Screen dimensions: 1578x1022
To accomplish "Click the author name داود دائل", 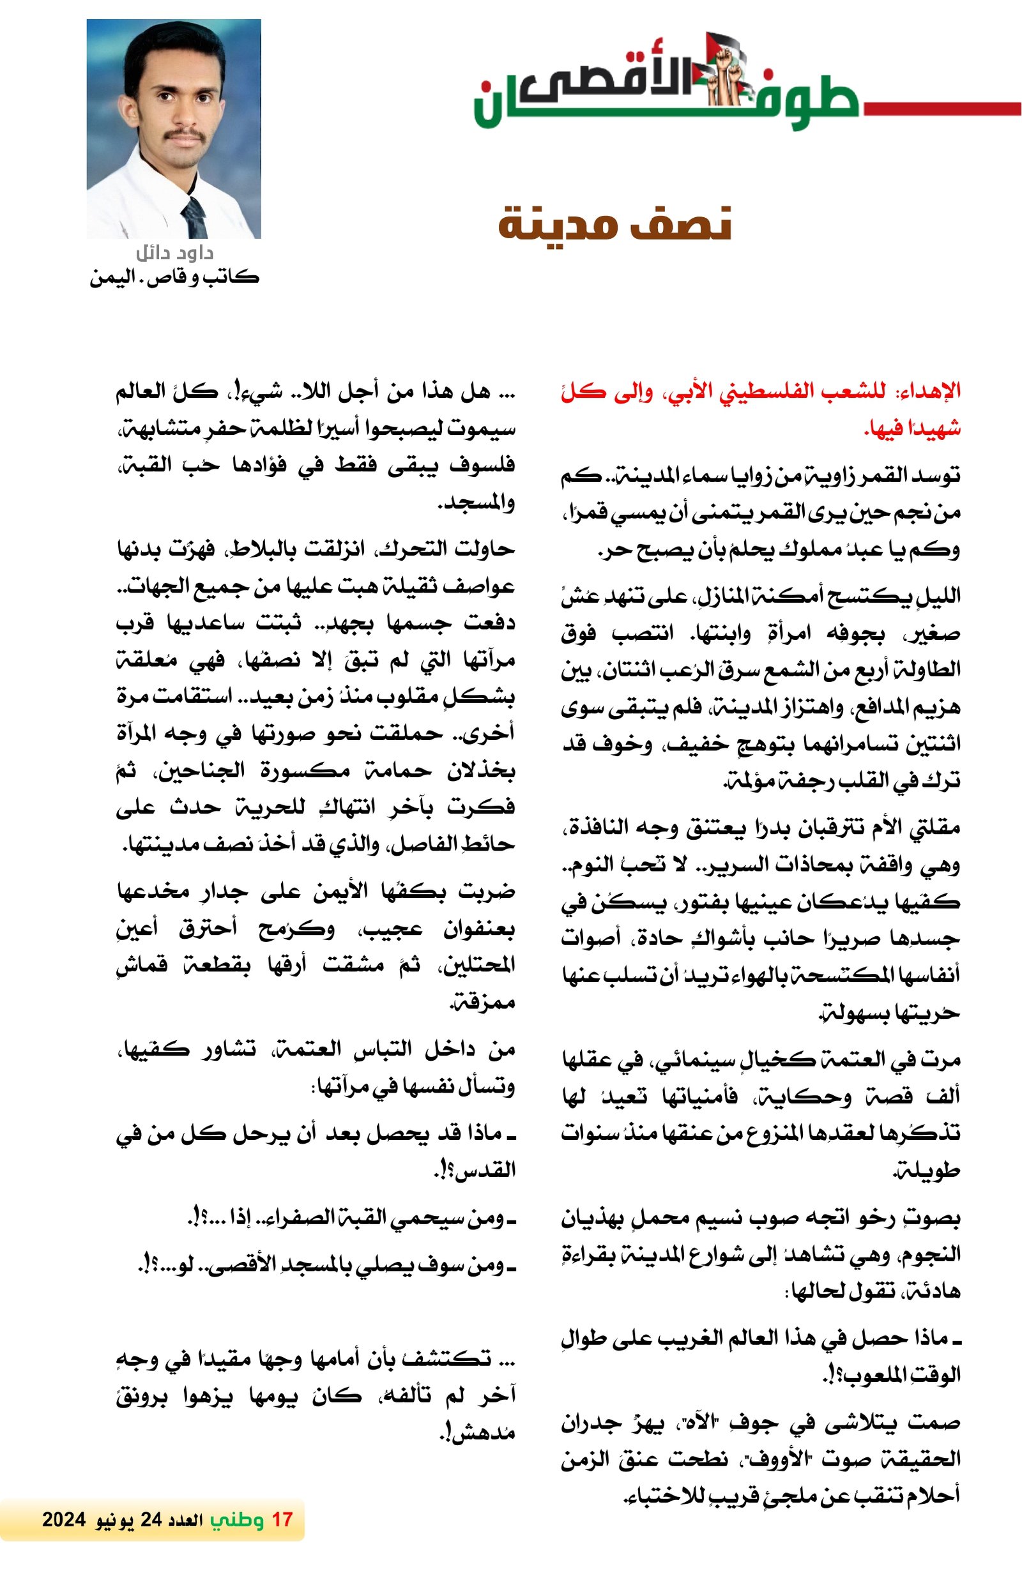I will pyautogui.click(x=174, y=253).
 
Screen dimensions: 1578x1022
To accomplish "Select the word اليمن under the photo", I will pyautogui.click(x=108, y=277).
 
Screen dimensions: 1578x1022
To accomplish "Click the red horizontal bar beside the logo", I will pyautogui.click(x=942, y=109).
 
